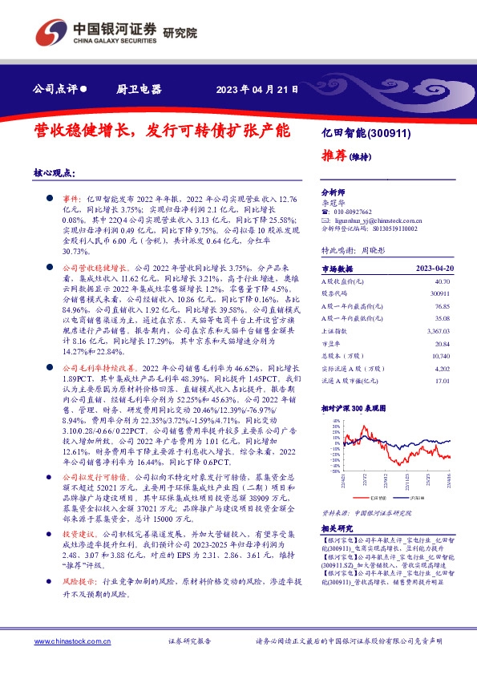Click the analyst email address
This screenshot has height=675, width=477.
pos(373,220)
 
